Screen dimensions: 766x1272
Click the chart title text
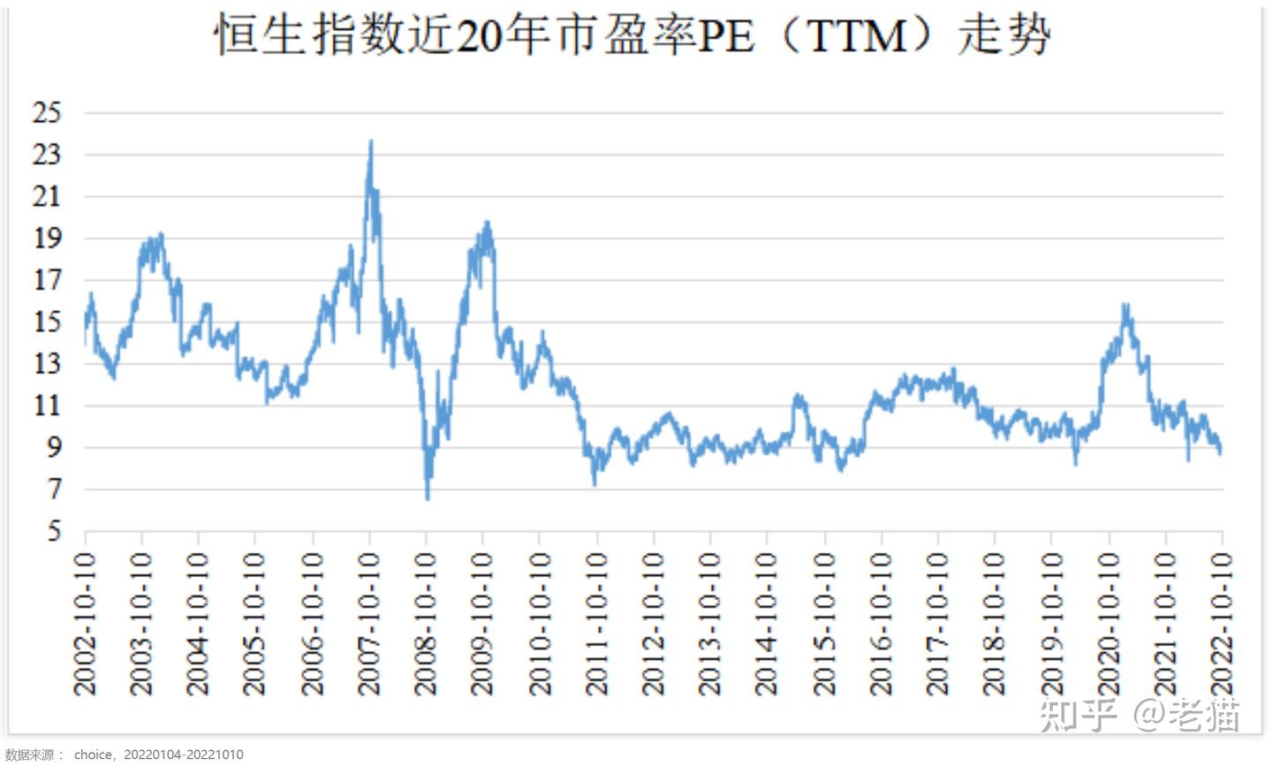pos(632,37)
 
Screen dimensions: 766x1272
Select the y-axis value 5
pos(54,532)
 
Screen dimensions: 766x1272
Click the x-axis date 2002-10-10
pos(86,624)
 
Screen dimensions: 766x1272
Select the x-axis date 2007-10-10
pos(369,624)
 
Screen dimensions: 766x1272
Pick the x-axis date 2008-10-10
pos(427,624)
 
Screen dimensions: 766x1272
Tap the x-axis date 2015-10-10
pos(824,624)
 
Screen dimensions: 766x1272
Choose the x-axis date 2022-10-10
pos(1222,624)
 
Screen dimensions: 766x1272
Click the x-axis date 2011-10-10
pos(597,624)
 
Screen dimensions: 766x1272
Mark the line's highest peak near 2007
pos(371,140)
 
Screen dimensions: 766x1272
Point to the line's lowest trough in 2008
pos(428,499)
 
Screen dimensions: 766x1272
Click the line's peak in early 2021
pos(1125,305)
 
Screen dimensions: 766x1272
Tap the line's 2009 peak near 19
pos(487,223)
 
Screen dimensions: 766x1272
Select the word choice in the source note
pos(93,755)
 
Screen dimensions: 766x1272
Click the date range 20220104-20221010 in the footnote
pos(183,755)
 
